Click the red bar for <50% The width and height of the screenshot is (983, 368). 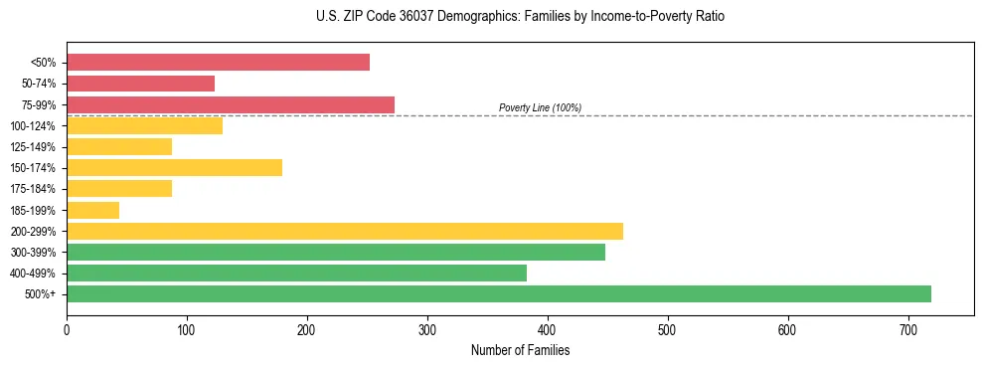coord(218,63)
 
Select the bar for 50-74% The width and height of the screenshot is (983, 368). coord(140,84)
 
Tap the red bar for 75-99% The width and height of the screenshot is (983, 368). coord(231,104)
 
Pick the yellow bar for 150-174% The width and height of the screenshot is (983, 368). coord(174,167)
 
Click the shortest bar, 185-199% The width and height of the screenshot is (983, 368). coord(92,210)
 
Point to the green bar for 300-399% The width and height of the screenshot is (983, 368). coord(336,252)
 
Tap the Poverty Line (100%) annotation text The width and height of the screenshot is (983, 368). coord(540,107)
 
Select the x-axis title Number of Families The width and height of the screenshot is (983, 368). coord(520,350)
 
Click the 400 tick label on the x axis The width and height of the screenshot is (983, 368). coord(548,327)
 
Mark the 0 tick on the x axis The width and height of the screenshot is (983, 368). coord(67,327)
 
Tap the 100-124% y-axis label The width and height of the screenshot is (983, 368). coord(33,126)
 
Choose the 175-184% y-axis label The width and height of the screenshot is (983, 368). coord(33,189)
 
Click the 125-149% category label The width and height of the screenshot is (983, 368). coord(33,147)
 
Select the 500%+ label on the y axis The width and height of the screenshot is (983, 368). coord(40,294)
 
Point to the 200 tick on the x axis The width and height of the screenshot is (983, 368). coord(307,327)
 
